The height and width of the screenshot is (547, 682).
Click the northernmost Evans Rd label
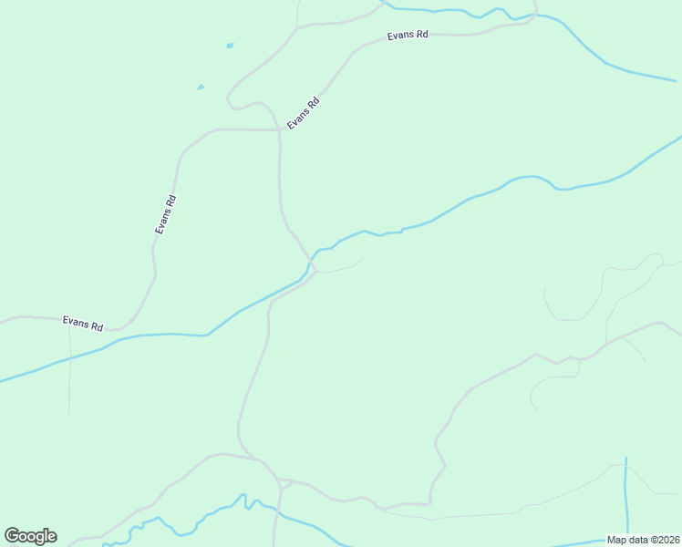click(x=407, y=35)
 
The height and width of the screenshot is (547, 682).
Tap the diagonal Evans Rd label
click(x=304, y=112)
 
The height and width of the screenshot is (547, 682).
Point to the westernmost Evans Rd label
click(x=82, y=323)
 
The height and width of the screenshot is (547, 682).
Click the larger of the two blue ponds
click(x=230, y=45)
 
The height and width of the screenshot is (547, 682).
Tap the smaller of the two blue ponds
click(x=201, y=88)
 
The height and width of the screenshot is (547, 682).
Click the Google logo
click(x=30, y=536)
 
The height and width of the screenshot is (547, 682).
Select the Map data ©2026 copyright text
click(x=643, y=540)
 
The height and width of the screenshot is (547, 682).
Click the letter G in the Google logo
click(x=13, y=536)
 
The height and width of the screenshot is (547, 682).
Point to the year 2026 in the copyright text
click(x=666, y=540)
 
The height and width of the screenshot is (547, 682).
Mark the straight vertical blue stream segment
click(x=626, y=492)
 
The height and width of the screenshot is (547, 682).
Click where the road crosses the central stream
click(x=309, y=264)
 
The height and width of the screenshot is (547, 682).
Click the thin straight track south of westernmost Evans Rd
click(x=69, y=374)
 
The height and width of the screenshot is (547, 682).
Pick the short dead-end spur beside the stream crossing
click(x=342, y=268)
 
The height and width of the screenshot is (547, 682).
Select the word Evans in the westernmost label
click(x=75, y=322)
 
